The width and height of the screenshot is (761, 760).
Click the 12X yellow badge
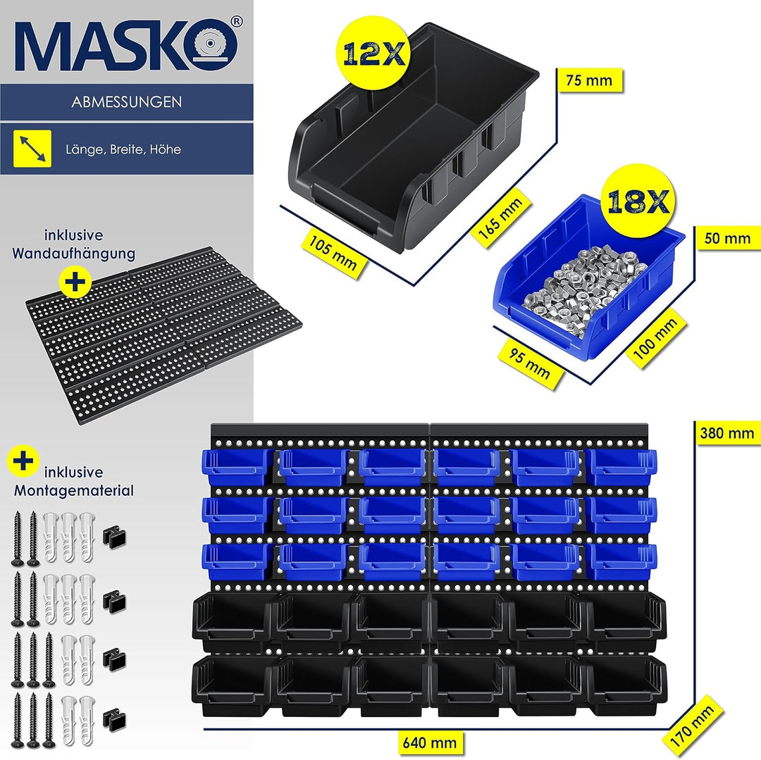click(x=374, y=52)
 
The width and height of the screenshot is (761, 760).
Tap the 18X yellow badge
click(x=638, y=201)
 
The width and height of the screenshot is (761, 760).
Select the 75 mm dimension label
click(x=589, y=80)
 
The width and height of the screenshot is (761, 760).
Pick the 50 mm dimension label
click(x=727, y=239)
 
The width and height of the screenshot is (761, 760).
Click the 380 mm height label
click(x=726, y=433)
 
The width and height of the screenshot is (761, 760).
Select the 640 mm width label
click(x=430, y=742)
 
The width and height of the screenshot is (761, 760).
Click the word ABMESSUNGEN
click(x=127, y=102)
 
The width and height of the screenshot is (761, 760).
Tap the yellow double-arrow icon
click(x=32, y=149)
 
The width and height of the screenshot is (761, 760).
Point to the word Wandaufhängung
click(x=74, y=253)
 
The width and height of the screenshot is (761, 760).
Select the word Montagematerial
click(x=74, y=490)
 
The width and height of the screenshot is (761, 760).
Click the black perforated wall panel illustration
click(x=163, y=334)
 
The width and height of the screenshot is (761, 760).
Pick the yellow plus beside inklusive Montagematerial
click(x=23, y=461)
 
